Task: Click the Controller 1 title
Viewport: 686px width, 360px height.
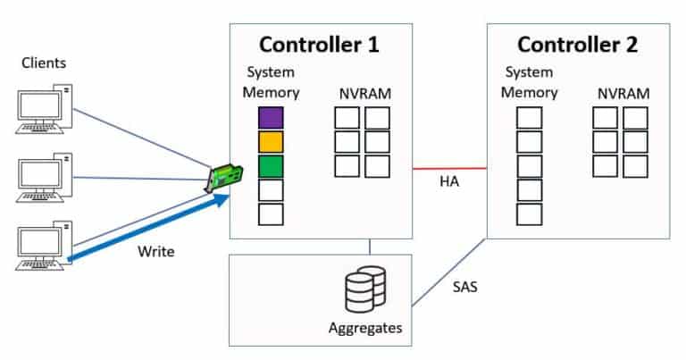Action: [x=319, y=45]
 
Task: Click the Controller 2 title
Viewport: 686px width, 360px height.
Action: [x=578, y=45]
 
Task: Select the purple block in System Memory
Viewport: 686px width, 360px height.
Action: [x=271, y=117]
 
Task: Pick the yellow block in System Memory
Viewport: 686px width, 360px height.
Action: [x=271, y=141]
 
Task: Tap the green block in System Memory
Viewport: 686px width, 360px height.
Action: [x=271, y=165]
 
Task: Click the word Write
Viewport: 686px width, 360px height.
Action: [x=155, y=251]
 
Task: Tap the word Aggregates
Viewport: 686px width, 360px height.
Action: [x=364, y=328]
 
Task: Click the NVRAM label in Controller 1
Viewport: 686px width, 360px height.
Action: [x=363, y=93]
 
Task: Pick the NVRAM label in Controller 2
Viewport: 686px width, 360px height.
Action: [x=623, y=93]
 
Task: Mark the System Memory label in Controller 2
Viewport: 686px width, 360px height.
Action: [x=529, y=82]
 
